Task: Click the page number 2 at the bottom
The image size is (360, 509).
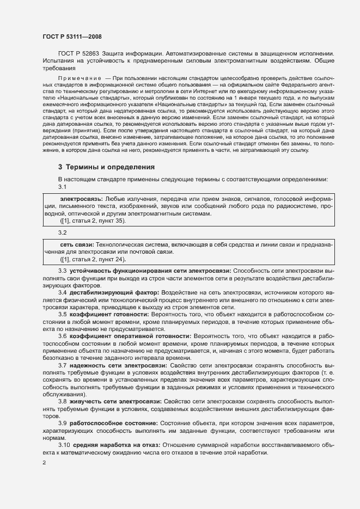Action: pos(44,463)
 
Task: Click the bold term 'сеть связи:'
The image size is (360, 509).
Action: pos(76,246)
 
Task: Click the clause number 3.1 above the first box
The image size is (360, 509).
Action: pos(63,187)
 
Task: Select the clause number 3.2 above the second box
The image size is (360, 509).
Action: pos(63,232)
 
